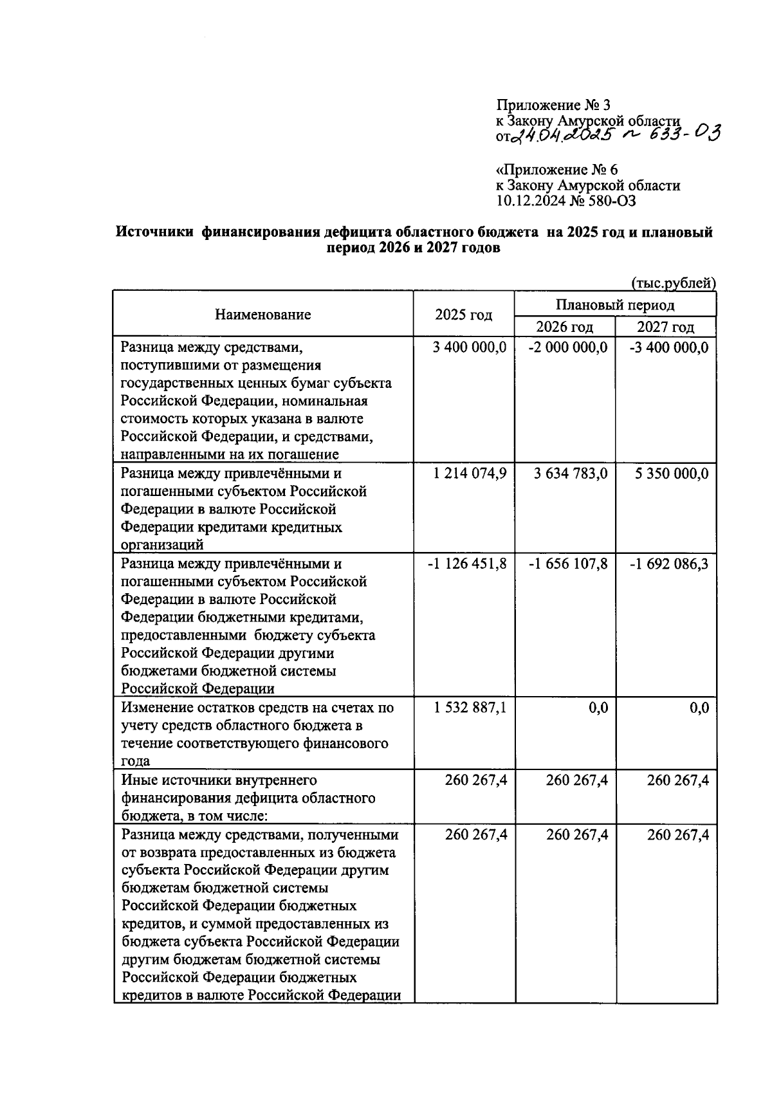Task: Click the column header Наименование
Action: pos(262,315)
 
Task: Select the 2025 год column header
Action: pos(463,315)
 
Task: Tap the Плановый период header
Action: pos(615,304)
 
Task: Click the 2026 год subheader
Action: pos(565,327)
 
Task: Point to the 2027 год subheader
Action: pos(666,327)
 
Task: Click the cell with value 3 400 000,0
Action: pos(470,348)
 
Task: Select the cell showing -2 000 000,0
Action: pos(567,348)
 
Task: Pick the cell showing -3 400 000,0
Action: pos(669,348)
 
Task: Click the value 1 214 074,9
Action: pos(470,473)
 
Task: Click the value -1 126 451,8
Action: pos(467,564)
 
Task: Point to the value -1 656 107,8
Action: pos(567,564)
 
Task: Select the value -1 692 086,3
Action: pos(669,564)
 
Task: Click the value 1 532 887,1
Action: pos(470,708)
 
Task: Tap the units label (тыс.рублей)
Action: pos(673,283)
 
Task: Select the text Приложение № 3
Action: pos(552,106)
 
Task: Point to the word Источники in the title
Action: pos(154,233)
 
